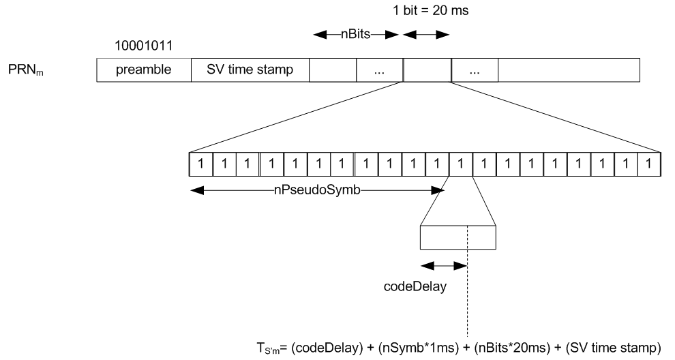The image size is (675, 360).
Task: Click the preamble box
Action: tap(143, 70)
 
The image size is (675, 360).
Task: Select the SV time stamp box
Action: tap(249, 70)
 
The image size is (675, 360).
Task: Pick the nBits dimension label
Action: tap(357, 34)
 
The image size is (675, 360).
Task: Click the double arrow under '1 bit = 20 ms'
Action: tap(427, 34)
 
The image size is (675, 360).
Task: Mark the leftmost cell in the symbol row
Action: tap(200, 164)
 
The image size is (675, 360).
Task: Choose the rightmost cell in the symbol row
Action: tap(650, 164)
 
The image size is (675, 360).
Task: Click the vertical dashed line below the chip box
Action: tap(468, 300)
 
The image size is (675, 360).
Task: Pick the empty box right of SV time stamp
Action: tap(333, 70)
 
